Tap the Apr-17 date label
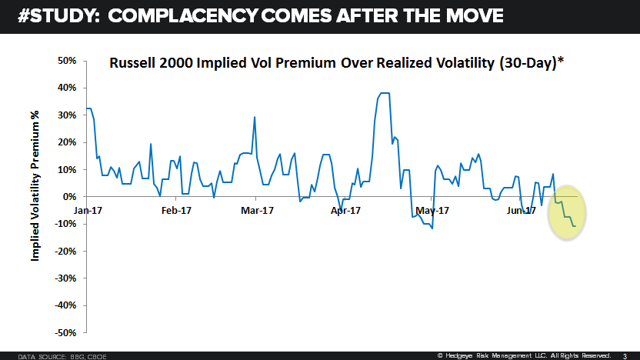pos(345,209)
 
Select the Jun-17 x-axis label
pos(521,209)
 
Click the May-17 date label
pos(432,209)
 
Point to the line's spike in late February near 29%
pos(255,117)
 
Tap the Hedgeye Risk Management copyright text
pos(524,355)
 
